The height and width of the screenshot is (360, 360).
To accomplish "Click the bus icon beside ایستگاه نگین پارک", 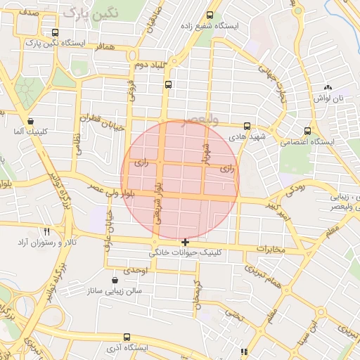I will (x=56, y=32).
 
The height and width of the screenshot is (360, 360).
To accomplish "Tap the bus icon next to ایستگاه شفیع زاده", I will (x=210, y=15).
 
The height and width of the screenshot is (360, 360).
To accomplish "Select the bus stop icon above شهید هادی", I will (x=247, y=126).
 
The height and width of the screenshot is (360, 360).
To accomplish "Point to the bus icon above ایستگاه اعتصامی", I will (x=307, y=131).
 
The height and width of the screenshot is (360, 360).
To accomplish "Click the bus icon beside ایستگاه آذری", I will (x=127, y=337).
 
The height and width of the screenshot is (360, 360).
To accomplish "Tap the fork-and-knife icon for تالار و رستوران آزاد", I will (x=47, y=231).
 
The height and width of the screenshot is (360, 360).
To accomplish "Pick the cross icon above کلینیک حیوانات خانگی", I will (x=185, y=242).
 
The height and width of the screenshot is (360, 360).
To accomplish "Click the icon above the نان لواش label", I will (x=327, y=87).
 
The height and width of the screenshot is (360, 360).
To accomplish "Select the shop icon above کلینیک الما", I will (x=30, y=121).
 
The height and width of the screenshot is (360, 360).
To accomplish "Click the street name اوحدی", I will (x=134, y=271).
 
